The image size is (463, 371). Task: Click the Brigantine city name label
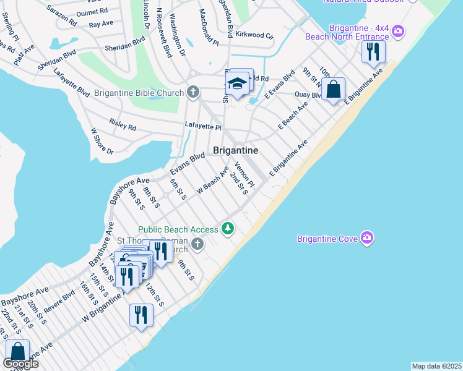point(235,150)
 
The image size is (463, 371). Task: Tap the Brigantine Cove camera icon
point(368,238)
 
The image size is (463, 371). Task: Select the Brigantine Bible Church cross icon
point(193,93)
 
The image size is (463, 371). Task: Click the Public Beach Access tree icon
point(228,229)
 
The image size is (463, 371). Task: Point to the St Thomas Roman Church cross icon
point(197,244)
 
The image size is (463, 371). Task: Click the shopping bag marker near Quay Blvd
point(333,89)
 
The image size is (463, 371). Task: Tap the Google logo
point(20,364)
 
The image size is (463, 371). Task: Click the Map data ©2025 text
point(437,366)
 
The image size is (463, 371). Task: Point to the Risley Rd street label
point(122,126)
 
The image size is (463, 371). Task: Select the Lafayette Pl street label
point(203,126)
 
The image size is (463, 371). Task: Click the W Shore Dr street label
point(102,142)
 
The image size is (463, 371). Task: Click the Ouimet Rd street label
point(91,12)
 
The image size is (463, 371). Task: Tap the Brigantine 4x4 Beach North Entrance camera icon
point(399,30)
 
